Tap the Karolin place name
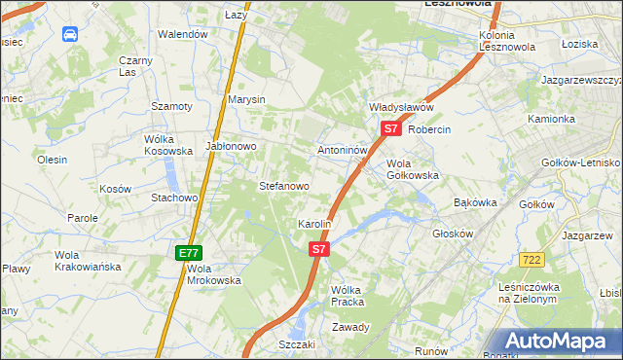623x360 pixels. [314, 224]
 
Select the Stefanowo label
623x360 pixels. [283, 185]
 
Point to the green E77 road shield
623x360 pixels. [189, 253]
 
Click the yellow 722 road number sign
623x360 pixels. [531, 259]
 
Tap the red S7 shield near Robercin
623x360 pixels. [390, 127]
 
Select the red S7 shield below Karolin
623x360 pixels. [319, 249]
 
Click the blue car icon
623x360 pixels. [70, 35]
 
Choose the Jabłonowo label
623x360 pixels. [231, 146]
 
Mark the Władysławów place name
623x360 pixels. [400, 107]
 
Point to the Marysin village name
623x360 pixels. [246, 99]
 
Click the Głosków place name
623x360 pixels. [452, 234]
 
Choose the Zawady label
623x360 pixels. [350, 327]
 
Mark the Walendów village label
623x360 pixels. [184, 34]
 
